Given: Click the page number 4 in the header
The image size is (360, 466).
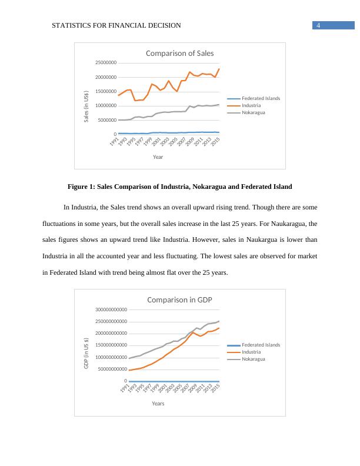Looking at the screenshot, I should (318, 25).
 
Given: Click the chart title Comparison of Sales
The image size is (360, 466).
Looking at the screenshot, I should (179, 53).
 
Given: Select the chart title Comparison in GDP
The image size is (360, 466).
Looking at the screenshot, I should (179, 299).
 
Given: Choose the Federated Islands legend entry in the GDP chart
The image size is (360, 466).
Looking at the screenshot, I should (261, 345).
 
